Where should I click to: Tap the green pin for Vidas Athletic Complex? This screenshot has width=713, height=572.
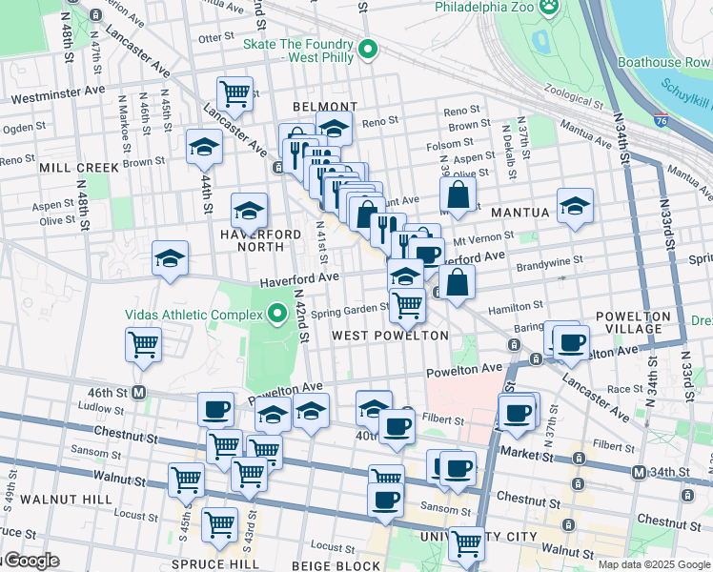278,314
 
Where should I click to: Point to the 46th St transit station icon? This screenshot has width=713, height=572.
138,392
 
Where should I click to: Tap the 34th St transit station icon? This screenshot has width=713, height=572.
638,472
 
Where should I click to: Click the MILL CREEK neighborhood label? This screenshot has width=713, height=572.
79,168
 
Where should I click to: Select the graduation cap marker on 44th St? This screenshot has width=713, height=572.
204,147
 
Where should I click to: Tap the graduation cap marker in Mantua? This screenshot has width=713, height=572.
575,207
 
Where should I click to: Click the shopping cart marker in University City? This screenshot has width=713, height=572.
466,542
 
